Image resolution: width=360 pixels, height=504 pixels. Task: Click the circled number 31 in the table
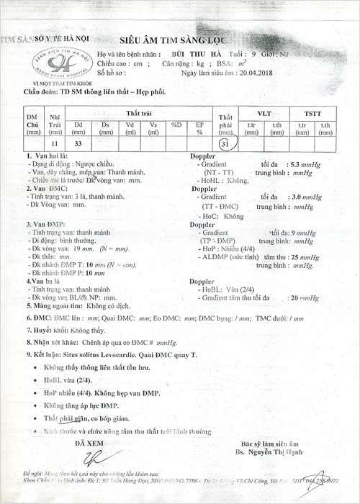[228, 144]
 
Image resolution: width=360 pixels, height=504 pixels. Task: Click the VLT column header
[264, 114]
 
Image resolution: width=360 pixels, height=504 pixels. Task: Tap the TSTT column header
[313, 114]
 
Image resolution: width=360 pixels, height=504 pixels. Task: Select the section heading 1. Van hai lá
[47, 156]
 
